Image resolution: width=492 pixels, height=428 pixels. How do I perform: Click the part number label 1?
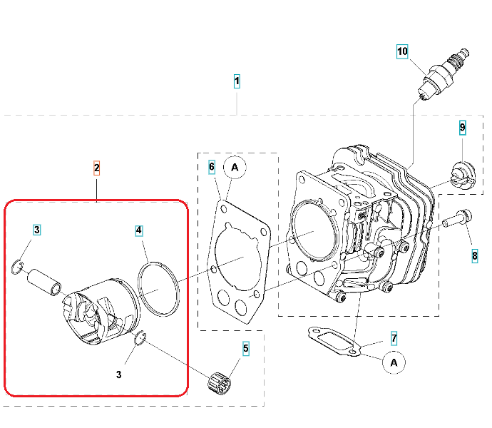(237, 81)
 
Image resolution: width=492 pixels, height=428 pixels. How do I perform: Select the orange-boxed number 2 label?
(97, 168)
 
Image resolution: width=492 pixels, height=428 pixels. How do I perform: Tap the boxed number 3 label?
(36, 230)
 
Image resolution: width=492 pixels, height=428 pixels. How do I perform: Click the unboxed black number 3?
(118, 374)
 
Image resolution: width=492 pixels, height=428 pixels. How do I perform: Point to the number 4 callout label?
(139, 231)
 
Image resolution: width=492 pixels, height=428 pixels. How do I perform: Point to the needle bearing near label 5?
(220, 382)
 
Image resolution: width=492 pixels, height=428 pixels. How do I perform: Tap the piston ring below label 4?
(158, 289)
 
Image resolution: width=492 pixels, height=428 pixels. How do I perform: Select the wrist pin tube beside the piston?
(44, 282)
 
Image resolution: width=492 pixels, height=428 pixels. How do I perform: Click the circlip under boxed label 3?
(17, 267)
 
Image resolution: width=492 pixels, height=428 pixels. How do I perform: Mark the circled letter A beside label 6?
(235, 168)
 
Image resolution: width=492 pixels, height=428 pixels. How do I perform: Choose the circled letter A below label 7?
(394, 362)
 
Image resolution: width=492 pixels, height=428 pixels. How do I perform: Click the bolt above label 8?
(457, 219)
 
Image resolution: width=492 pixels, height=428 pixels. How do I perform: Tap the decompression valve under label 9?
(463, 175)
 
